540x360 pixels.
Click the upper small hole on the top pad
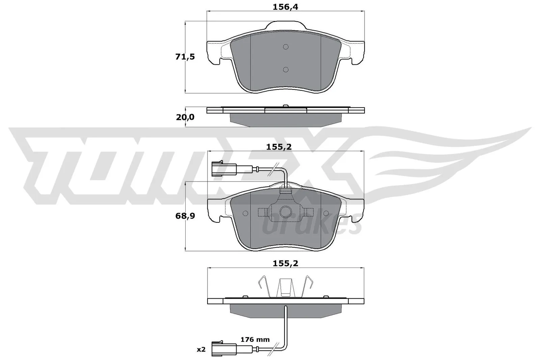pyautogui.click(x=286, y=47)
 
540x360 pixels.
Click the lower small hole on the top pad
pyautogui.click(x=286, y=70)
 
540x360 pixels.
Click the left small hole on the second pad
pyautogui.click(x=245, y=213)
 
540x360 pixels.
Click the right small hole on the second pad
pyautogui.click(x=326, y=213)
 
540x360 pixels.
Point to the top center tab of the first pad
pyautogui.click(x=286, y=25)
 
